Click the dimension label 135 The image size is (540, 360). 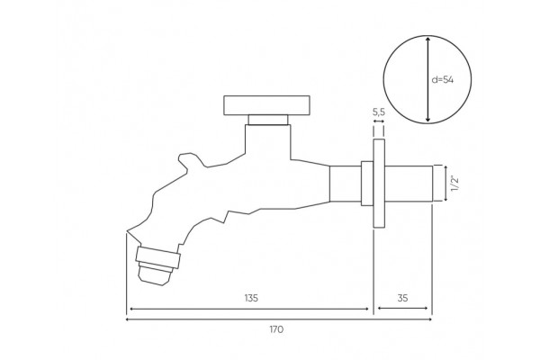(x=251, y=298)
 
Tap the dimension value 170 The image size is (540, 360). (x=276, y=329)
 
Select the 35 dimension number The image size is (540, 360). (x=402, y=298)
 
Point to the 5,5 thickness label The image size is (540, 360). (x=379, y=112)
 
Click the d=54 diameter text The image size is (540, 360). (x=443, y=80)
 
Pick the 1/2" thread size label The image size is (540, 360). (x=454, y=184)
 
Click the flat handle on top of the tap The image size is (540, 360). (x=266, y=105)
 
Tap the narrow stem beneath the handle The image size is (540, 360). (x=268, y=120)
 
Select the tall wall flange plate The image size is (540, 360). (x=379, y=184)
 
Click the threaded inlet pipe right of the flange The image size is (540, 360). (x=409, y=184)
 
